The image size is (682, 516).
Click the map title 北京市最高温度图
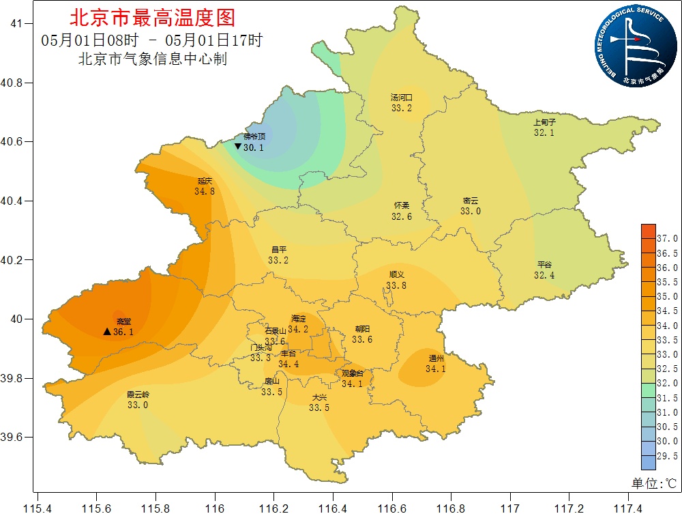point(152,17)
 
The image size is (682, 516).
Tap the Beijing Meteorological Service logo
point(632,46)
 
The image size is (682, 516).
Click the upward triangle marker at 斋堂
point(107,332)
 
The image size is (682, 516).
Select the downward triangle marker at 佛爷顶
point(237,147)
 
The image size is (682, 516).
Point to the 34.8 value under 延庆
point(205,192)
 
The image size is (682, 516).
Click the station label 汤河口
point(401,98)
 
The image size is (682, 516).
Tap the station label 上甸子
point(544,122)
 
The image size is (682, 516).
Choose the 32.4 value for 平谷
point(544,275)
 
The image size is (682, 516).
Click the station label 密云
point(470,201)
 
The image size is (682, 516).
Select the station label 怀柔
point(402,205)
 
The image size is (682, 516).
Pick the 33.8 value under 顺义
point(396,285)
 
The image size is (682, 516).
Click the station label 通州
point(436,358)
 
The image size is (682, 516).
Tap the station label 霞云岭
point(138,395)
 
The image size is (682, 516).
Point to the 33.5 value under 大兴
point(319,407)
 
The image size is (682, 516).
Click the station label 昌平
point(278,250)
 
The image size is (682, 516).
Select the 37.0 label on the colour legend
point(666,239)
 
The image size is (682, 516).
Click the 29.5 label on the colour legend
point(666,456)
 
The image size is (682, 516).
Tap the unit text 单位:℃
point(653,483)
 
